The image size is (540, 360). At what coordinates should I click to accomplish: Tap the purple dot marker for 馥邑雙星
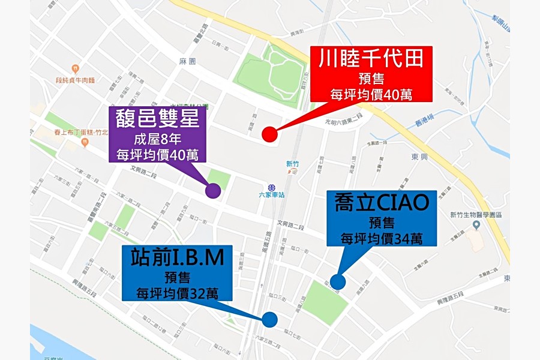pyautogui.click(x=213, y=191)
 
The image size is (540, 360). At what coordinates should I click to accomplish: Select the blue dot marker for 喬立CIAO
pyautogui.click(x=338, y=281)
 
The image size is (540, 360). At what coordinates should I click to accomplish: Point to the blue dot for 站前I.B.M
pyautogui.click(x=269, y=320)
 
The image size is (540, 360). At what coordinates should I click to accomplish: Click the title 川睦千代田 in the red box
pyautogui.click(x=371, y=59)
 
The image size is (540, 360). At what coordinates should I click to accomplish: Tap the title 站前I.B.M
pyautogui.click(x=177, y=257)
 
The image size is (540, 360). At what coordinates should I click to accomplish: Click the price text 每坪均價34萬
pyautogui.click(x=381, y=238)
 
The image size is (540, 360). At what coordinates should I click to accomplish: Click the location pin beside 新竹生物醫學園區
pyautogui.click(x=477, y=225)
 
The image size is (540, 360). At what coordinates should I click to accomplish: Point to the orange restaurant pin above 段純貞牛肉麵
pyautogui.click(x=75, y=68)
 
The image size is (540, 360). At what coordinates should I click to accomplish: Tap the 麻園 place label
pyautogui.click(x=187, y=61)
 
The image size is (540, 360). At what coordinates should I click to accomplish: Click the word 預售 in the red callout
pyautogui.click(x=371, y=78)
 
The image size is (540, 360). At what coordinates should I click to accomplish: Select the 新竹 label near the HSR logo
pyautogui.click(x=292, y=163)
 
